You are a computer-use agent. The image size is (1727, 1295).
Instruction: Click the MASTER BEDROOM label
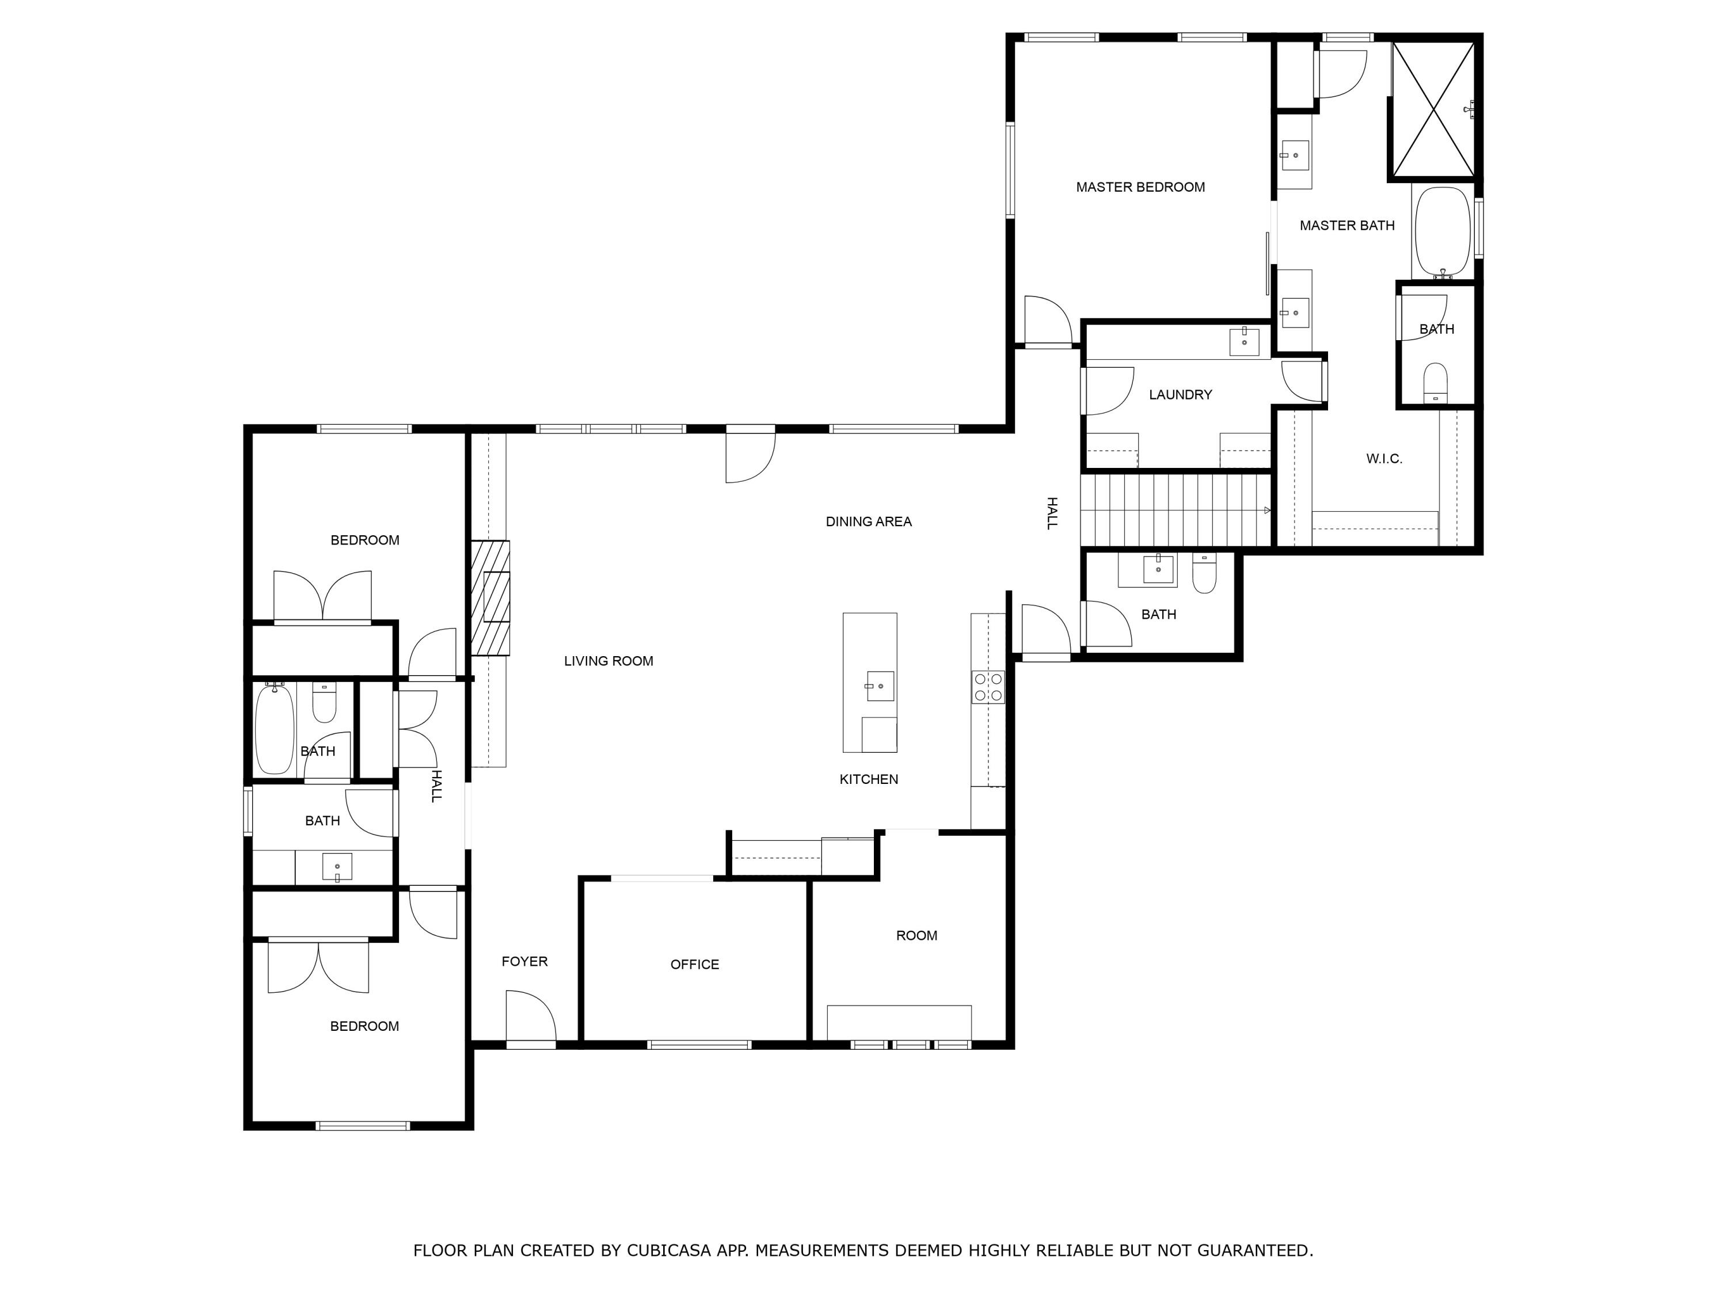click(x=1140, y=187)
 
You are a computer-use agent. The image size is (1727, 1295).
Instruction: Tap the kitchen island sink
click(x=880, y=685)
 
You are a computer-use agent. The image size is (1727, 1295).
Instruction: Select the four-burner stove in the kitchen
click(x=988, y=687)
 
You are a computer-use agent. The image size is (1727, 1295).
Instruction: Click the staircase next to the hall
click(x=1175, y=511)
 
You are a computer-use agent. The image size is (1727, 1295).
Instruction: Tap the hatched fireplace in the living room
click(x=491, y=598)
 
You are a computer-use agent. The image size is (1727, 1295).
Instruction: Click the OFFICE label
click(x=694, y=965)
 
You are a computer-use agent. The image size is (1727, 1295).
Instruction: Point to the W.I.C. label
click(x=1383, y=459)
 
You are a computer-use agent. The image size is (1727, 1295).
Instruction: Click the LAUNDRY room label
click(x=1180, y=395)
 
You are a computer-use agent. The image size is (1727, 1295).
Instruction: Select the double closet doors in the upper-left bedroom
click(x=322, y=597)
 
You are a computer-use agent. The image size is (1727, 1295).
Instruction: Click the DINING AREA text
click(x=868, y=521)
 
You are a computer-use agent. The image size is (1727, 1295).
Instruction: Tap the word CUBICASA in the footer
click(x=668, y=1251)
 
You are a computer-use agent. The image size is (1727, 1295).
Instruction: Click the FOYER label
click(x=524, y=962)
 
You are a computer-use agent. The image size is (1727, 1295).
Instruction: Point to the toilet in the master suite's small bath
click(x=1435, y=383)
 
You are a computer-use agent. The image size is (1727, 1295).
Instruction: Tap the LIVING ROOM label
click(x=608, y=661)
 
